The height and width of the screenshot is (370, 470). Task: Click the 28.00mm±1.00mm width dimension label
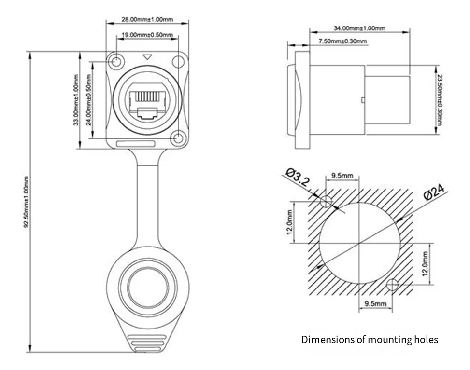click(147, 20)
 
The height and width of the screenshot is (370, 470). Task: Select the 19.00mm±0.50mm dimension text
click(147, 35)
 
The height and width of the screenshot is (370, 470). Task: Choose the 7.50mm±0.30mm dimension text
click(342, 41)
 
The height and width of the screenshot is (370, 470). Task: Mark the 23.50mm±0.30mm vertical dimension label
click(439, 99)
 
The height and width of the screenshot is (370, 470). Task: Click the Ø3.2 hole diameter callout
click(298, 177)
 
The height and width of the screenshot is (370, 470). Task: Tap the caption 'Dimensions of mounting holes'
click(370, 340)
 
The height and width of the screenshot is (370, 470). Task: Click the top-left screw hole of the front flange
click(116, 62)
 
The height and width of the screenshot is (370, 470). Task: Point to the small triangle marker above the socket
click(147, 57)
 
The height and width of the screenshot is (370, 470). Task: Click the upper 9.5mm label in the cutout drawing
click(342, 177)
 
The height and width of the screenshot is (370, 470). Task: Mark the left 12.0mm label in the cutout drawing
click(289, 222)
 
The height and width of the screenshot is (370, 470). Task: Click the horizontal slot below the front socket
click(136, 144)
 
